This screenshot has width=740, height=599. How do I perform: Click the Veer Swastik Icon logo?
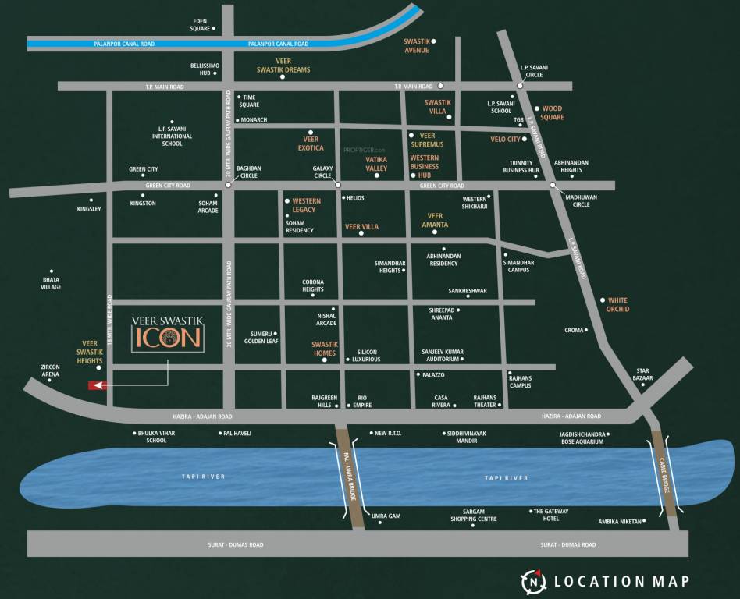(168, 331)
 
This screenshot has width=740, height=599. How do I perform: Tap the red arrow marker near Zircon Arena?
(97, 385)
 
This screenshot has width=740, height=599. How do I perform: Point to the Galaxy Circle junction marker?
(338, 185)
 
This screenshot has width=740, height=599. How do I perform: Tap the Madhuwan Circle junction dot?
(552, 185)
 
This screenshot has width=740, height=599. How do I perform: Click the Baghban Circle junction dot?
(228, 185)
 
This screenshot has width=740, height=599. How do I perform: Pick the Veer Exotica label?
(311, 144)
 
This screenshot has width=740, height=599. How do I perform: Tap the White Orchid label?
(617, 304)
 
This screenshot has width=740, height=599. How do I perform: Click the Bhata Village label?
(51, 283)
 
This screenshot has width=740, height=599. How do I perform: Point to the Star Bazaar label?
(642, 374)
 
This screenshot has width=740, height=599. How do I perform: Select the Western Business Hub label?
(425, 166)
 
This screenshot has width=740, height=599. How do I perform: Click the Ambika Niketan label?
(619, 521)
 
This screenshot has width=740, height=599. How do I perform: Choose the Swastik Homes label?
(324, 349)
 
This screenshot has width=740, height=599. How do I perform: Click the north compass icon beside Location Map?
(533, 581)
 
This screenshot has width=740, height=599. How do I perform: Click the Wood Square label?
(552, 112)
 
